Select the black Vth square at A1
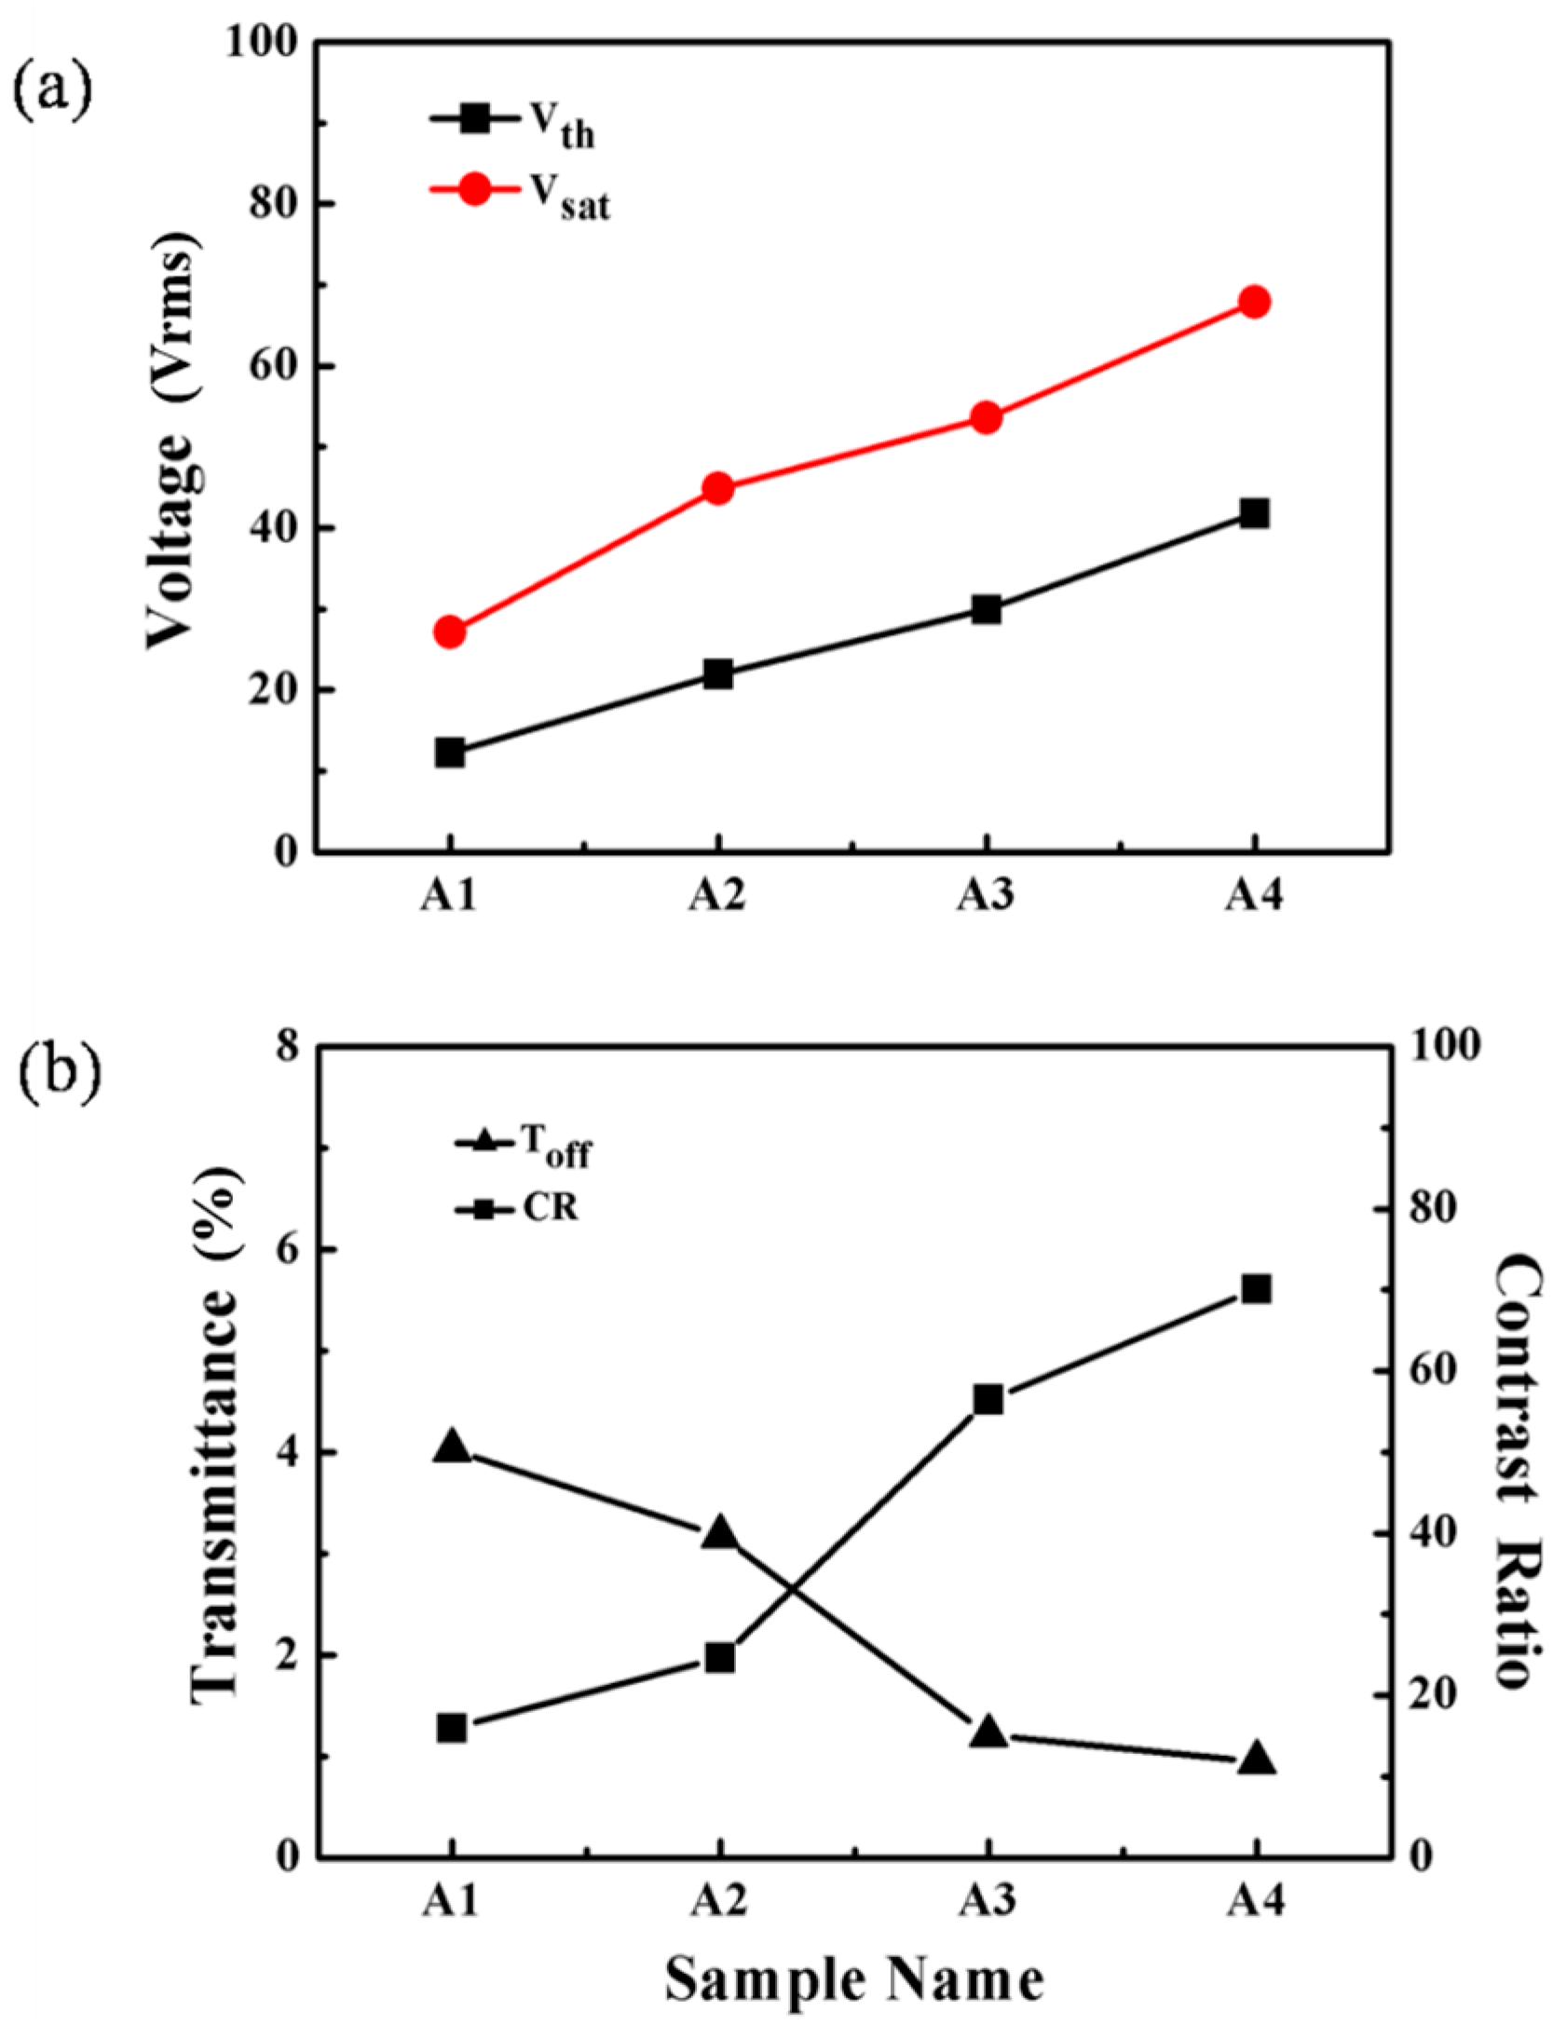click(450, 752)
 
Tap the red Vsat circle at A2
click(717, 488)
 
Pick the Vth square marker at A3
click(986, 610)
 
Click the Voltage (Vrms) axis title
click(174, 447)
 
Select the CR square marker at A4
click(1255, 1289)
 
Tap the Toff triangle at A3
click(987, 1733)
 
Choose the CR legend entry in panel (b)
click(516, 1210)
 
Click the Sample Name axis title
click(854, 1978)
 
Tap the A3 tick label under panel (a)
click(986, 896)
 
